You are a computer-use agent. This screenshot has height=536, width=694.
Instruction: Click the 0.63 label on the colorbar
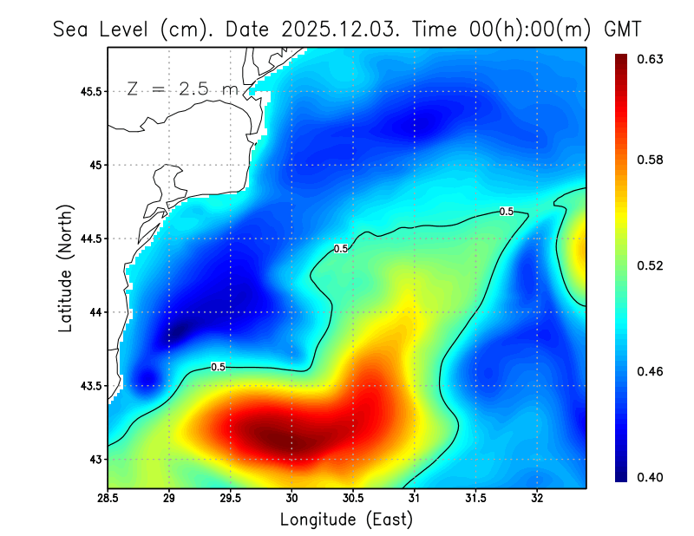tap(651, 59)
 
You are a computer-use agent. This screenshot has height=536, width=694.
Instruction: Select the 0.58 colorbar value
tap(651, 160)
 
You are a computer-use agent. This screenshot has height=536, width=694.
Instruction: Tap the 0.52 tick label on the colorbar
tap(651, 265)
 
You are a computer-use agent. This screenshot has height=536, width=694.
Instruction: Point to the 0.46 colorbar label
tap(651, 371)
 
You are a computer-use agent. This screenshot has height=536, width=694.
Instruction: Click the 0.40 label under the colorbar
tap(651, 477)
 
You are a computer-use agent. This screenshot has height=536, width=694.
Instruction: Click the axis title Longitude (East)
tap(346, 519)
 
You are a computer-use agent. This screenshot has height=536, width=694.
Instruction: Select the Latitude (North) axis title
tap(66, 268)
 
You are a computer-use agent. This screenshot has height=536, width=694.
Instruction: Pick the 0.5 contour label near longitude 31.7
tap(506, 212)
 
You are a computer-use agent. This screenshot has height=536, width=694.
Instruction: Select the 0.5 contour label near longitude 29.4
tap(219, 367)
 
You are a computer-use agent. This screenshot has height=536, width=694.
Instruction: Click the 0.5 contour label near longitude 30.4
tap(341, 249)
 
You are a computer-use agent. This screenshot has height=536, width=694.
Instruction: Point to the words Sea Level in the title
tap(104, 29)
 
